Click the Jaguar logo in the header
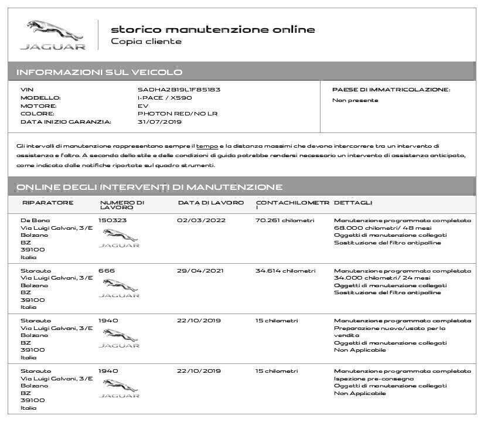pos(53,35)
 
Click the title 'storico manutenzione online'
pos(213,29)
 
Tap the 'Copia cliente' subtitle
pos(146,42)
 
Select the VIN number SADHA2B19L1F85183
pos(179,90)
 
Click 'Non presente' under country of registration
pos(355,100)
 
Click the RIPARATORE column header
pos(47,203)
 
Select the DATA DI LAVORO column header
pos(211,203)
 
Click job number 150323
pos(113,220)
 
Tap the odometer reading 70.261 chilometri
pos(285,220)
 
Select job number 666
pos(107,271)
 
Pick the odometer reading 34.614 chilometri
pos(285,271)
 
